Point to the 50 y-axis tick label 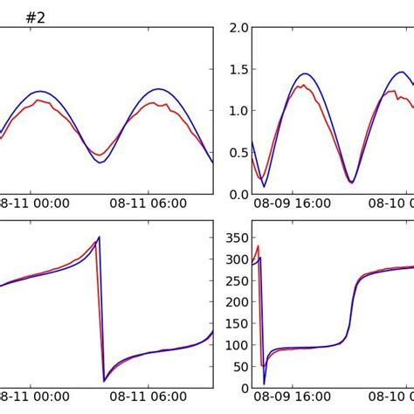coord(238,367)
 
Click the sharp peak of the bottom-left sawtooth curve coord(99,237)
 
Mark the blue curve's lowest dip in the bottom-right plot coord(265,383)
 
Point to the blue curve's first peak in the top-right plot coord(304,74)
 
